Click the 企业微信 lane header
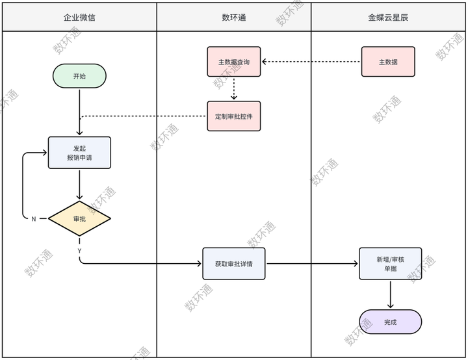coord(79,18)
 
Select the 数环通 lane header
coord(234,18)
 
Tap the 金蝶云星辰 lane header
coord(388,18)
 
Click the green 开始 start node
coord(79,76)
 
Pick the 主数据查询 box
coord(234,62)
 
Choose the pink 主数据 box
coord(388,62)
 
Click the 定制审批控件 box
coord(234,116)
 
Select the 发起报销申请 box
coord(79,153)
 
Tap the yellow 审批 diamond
coord(79,218)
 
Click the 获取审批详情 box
coord(234,264)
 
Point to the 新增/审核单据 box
coord(390,264)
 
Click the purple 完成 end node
coord(390,322)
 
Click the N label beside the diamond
coord(34,219)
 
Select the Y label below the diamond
coord(79,250)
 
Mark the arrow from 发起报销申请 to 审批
coord(79,185)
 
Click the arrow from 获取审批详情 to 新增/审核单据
coord(312,264)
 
